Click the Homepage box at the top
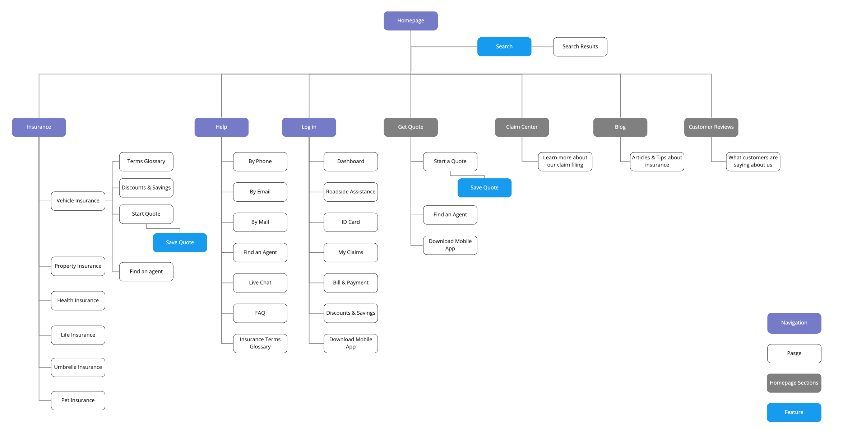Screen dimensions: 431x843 411,21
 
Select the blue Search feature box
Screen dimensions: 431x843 504,47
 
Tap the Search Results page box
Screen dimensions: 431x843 580,47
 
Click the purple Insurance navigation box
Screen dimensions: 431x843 39,127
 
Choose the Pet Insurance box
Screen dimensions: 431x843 78,400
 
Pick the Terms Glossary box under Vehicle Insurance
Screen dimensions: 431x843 146,161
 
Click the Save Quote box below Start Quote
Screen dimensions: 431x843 180,243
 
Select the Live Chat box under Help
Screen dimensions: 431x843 260,283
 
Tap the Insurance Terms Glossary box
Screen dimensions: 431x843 260,343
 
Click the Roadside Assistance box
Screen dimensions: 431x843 351,192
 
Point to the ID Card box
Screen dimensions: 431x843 351,222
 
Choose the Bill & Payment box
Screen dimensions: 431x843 351,283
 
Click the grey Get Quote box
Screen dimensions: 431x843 411,127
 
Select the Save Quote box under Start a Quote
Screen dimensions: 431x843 484,188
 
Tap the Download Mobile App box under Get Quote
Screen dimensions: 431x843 450,245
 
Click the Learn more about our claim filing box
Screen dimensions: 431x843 565,161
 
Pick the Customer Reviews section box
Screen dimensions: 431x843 711,127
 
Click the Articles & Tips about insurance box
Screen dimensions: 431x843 657,161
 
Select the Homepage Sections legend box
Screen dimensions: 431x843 794,383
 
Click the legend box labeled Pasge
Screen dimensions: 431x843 794,353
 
